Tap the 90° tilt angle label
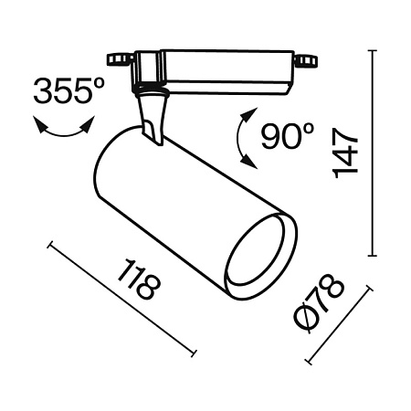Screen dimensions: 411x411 coord(286,137)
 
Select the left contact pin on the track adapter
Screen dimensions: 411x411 coord(116,62)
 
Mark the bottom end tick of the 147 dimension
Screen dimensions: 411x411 coord(374,257)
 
